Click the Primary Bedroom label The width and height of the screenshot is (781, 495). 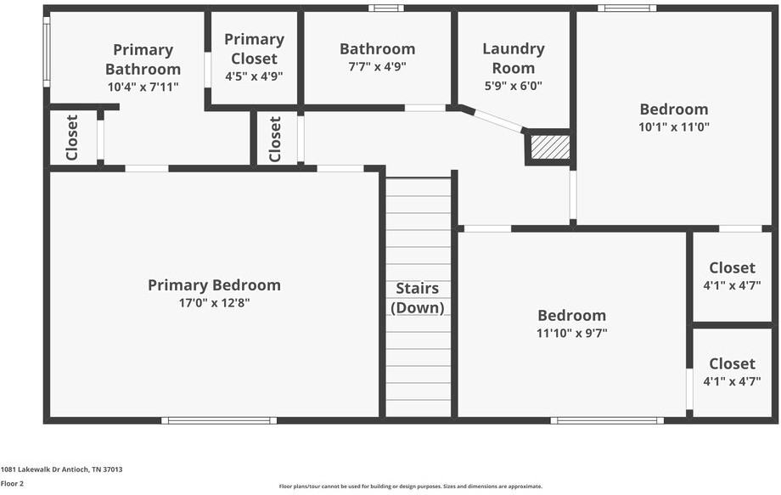coord(214,285)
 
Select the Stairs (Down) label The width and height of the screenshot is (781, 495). coord(418,298)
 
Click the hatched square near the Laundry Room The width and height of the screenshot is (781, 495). coord(549,147)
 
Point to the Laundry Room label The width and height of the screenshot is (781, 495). coord(514,59)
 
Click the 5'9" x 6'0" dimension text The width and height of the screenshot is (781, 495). coord(514,86)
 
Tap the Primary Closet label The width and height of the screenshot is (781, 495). coord(254,49)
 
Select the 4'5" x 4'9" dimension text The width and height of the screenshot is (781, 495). coord(254,76)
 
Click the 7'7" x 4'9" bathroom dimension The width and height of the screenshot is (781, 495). coord(377,67)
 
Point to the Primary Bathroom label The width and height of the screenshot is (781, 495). coord(143,59)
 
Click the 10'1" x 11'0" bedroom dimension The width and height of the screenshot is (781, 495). coord(673,127)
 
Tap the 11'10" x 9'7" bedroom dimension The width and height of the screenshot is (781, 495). coord(571,334)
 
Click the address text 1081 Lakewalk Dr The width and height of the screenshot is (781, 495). coord(61,469)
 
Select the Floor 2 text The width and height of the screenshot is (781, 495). coord(12,483)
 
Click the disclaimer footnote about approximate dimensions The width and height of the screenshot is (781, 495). coord(411,487)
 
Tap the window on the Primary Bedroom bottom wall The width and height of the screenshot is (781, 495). coord(219,420)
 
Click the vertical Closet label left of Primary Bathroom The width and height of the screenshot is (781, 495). coord(72,138)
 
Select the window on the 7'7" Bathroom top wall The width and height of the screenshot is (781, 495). coord(386,8)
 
